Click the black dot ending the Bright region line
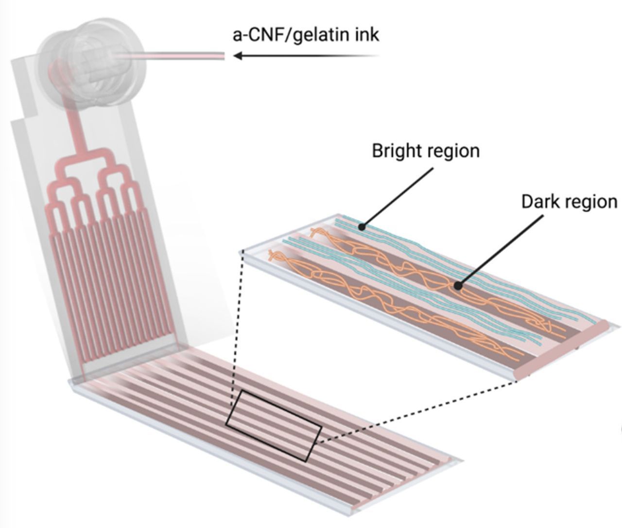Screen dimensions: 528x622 (362, 226)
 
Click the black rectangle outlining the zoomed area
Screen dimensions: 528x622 (273, 426)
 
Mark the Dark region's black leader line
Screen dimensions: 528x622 (501, 250)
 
